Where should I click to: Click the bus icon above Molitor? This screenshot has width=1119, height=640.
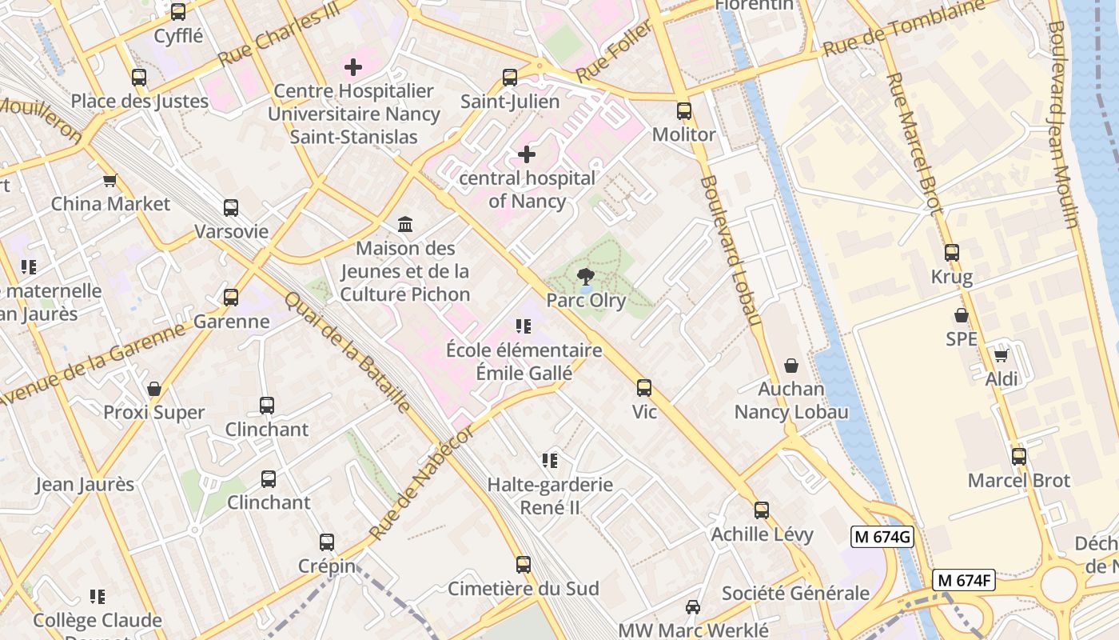coord(683,111)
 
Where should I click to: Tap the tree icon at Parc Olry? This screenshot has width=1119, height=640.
coord(586,278)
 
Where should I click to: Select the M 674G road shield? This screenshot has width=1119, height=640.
coord(882,537)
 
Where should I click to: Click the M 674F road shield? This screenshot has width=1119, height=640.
coord(963,581)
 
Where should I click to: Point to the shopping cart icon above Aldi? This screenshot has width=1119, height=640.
coord(1001,355)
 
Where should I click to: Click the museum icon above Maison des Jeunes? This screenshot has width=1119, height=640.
coord(405,225)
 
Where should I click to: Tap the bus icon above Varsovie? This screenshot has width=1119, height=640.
coord(231,208)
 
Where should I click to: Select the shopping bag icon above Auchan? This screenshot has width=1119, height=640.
coord(791,366)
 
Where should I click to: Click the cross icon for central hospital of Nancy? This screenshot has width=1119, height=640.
coord(527,154)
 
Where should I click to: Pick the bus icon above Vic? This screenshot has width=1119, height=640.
coord(644,388)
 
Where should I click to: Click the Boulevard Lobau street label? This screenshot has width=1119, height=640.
coord(729,252)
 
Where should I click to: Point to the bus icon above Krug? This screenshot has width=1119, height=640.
coord(951,253)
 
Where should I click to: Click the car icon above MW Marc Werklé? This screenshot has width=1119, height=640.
coord(693,606)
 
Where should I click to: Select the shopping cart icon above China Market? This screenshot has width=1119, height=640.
coord(110,180)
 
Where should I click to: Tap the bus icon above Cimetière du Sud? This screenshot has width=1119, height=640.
coord(524,565)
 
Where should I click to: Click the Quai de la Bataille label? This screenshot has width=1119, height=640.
coord(348,352)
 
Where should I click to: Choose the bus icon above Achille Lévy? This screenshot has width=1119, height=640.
coord(762,510)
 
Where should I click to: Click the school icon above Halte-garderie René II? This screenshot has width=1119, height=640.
coord(549,460)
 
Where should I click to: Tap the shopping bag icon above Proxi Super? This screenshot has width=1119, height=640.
coord(154,389)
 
